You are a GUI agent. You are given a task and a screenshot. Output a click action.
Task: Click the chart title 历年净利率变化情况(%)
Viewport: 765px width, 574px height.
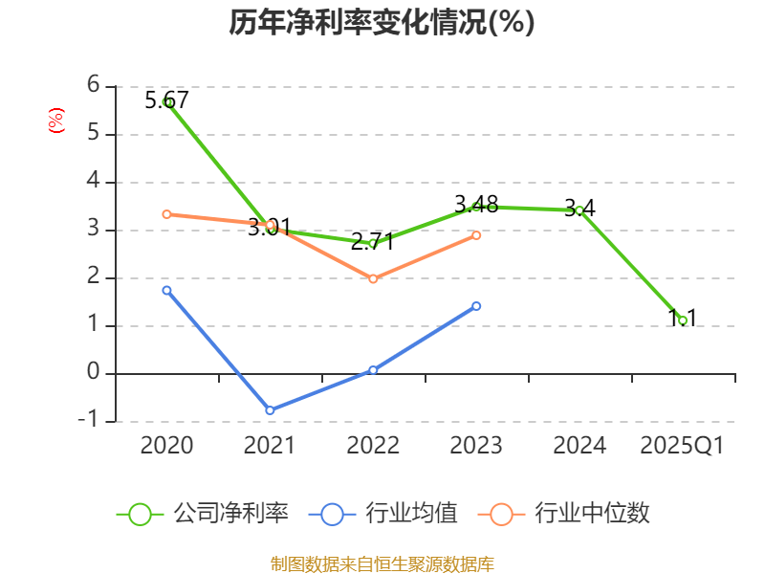tap(382, 23)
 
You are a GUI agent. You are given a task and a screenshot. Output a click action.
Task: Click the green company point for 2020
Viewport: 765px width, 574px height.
tap(166, 101)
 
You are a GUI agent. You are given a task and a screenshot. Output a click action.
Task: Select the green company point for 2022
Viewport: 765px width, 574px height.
tap(373, 243)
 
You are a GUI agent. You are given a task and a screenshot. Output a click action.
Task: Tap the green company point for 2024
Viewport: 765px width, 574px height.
tap(579, 210)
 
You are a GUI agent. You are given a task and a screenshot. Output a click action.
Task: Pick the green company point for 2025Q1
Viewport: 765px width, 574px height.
tap(683, 320)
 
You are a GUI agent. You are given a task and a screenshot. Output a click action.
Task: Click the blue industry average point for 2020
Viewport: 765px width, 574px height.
tap(166, 290)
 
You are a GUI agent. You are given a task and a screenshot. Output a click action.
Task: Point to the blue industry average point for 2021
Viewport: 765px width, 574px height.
tap(270, 410)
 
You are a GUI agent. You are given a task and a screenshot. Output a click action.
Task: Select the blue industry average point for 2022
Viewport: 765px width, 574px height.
tap(373, 370)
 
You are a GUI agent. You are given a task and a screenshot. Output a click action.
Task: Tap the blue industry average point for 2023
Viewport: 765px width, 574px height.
tap(476, 306)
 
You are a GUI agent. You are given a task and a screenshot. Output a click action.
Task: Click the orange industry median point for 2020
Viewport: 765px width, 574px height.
tap(166, 214)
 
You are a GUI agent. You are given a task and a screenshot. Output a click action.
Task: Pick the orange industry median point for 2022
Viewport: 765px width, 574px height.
tap(373, 279)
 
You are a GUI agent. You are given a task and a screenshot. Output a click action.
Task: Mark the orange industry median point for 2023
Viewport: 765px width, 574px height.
tap(476, 235)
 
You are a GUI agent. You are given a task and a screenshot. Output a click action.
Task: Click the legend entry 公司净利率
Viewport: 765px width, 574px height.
tap(203, 514)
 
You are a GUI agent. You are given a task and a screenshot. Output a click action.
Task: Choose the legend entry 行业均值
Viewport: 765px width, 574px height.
tap(383, 514)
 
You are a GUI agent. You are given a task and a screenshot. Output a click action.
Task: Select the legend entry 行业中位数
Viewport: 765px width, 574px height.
tap(570, 514)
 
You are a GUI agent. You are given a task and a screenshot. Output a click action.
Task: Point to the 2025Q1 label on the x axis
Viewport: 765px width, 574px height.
tap(683, 446)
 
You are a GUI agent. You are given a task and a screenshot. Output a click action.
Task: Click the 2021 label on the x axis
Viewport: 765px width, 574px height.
tap(270, 446)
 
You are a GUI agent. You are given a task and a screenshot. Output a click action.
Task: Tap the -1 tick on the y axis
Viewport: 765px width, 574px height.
tap(93, 421)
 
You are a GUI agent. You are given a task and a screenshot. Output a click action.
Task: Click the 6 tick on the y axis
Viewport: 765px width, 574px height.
tap(93, 85)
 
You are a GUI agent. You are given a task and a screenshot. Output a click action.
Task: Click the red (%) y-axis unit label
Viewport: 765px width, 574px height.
tap(56, 121)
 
